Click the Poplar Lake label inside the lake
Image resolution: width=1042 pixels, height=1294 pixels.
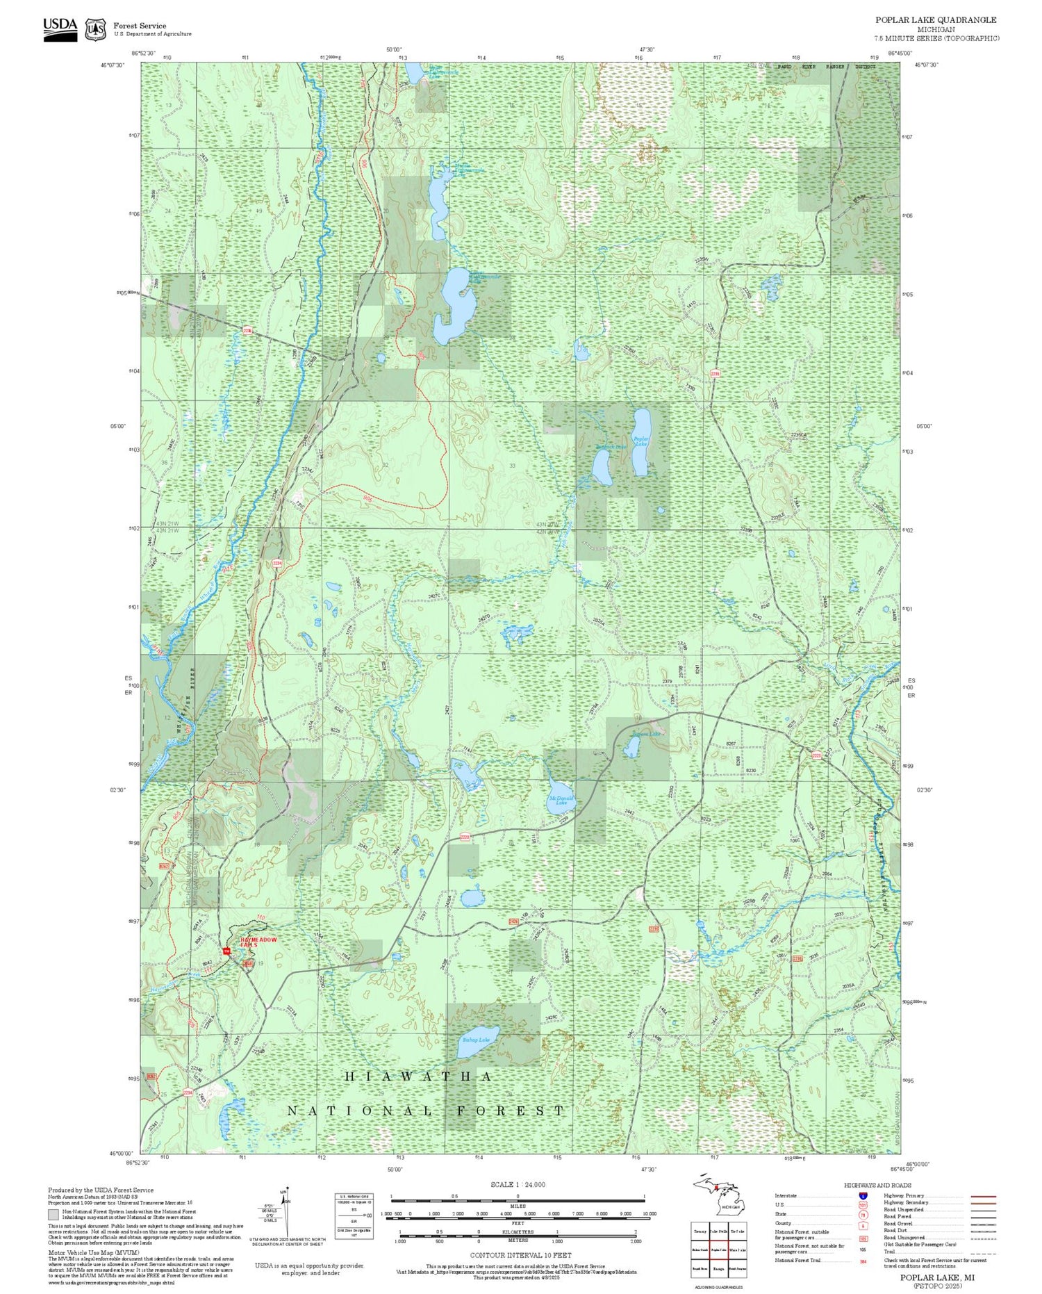tap(641, 441)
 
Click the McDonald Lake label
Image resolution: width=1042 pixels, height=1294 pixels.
tap(561, 800)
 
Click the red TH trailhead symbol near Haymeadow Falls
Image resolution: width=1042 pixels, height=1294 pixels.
tap(226, 951)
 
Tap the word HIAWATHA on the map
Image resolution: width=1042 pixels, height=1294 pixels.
tap(418, 1076)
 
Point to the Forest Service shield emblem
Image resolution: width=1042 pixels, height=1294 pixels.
tap(95, 30)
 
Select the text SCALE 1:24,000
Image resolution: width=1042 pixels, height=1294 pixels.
tap(518, 1185)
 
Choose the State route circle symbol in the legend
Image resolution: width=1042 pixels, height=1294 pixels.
tap(862, 1215)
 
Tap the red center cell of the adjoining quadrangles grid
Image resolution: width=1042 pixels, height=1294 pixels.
tap(719, 1249)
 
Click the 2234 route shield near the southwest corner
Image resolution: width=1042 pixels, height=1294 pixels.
tap(188, 1093)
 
